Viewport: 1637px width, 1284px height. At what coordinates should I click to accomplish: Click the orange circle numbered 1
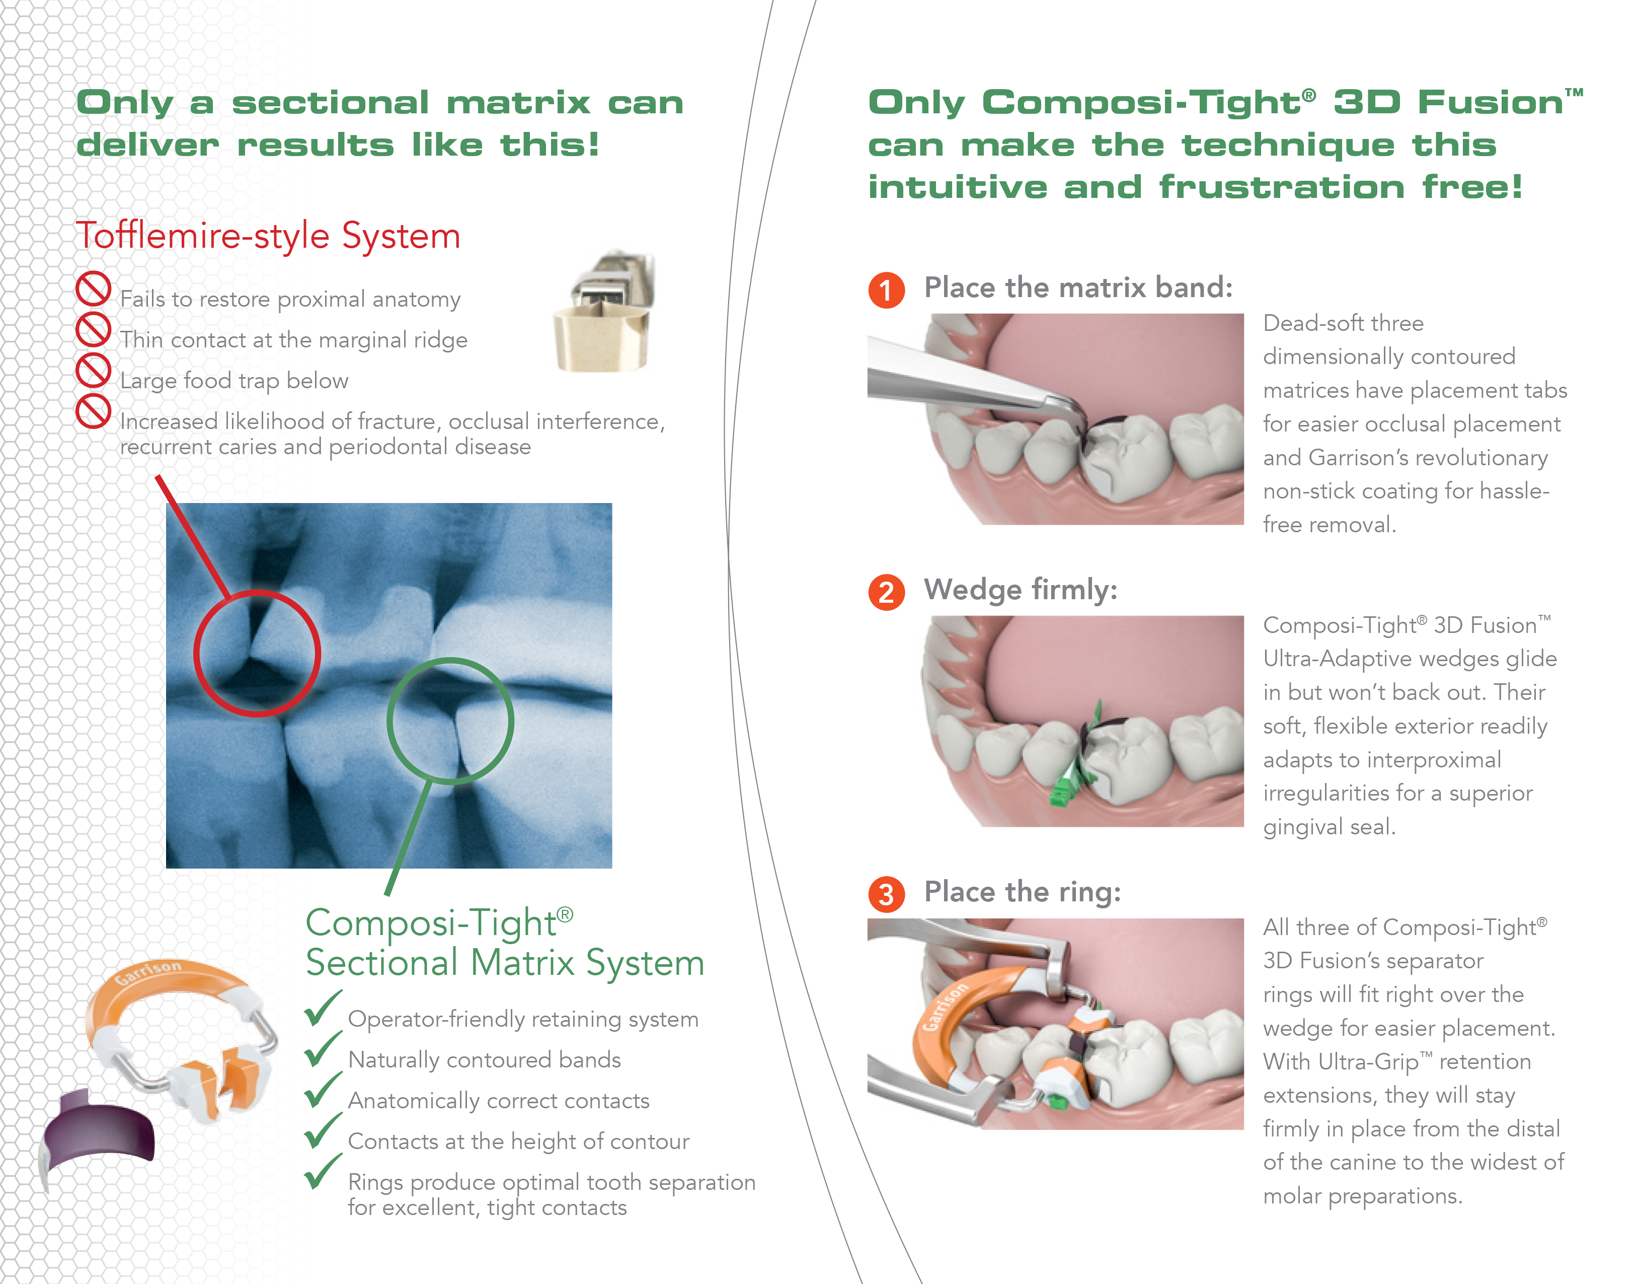[887, 290]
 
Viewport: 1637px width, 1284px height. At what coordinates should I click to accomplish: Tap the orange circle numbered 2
[887, 592]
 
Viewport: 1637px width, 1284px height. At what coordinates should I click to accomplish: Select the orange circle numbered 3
[887, 895]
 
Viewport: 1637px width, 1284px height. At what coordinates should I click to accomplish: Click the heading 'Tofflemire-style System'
[268, 236]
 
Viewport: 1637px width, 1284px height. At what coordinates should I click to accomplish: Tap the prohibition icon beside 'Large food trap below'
[93, 370]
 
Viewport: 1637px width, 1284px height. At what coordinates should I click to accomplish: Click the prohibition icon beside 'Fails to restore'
[93, 289]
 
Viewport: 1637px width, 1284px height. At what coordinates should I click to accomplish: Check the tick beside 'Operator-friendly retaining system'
[323, 1009]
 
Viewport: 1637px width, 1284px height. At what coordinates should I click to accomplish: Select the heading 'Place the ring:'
[1023, 892]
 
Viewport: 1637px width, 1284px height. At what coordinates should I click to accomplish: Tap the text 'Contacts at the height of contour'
[518, 1141]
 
